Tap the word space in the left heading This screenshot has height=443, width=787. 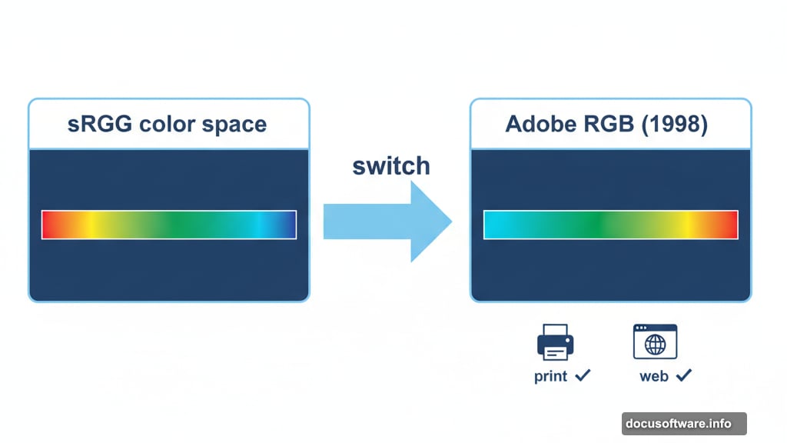coord(235,125)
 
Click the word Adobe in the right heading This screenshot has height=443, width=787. coord(541,124)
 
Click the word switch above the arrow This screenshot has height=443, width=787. coord(391,166)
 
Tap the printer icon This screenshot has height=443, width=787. coord(556,342)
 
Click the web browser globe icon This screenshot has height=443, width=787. coord(655,342)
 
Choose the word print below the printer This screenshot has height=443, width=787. coord(550,377)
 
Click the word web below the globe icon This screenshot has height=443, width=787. coord(653,377)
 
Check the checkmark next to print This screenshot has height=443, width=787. coord(583,375)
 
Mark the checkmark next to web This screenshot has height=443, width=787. coord(683,375)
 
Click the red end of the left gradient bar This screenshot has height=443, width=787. coord(48,225)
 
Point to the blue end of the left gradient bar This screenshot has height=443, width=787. coord(289,225)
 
